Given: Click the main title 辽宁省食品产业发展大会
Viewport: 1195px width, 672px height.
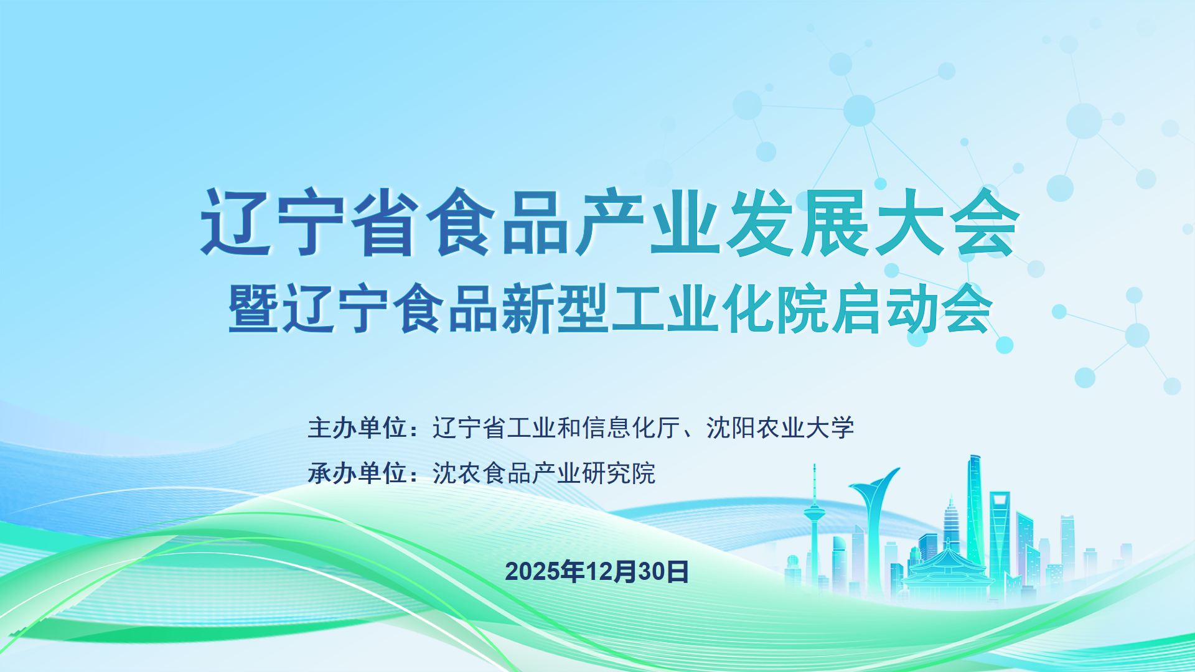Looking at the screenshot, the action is click(x=609, y=222).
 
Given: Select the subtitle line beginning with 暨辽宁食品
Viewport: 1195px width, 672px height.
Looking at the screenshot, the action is click(x=610, y=309).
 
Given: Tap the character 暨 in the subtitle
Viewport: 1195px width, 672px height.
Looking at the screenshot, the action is click(x=253, y=309).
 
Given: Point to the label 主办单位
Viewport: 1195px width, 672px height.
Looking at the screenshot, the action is click(x=357, y=428).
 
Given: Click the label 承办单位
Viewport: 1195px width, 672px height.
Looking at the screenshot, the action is click(x=357, y=474).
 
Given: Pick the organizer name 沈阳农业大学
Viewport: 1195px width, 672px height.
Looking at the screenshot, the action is click(x=780, y=428).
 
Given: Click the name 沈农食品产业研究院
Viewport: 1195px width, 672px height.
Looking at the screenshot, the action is click(x=544, y=474).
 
